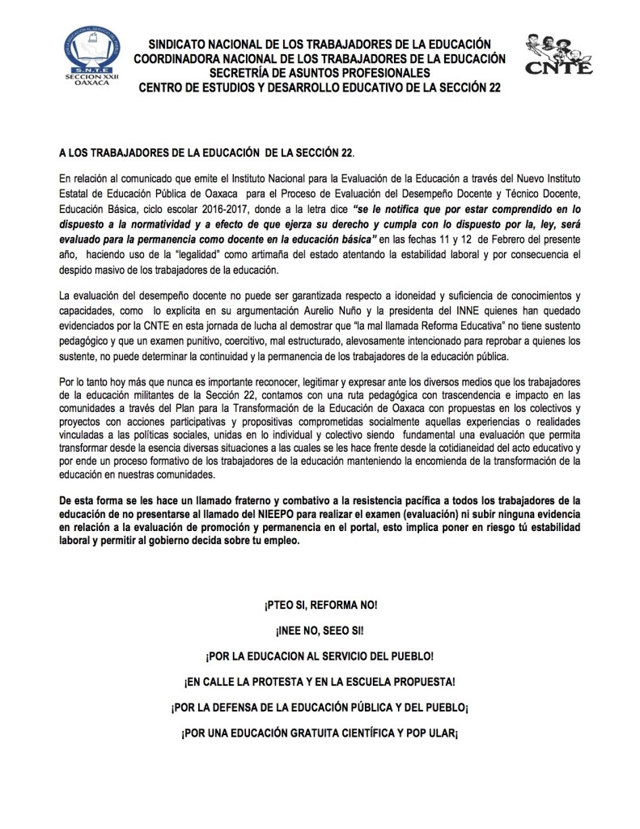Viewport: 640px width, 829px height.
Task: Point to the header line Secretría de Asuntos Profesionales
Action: point(320,73)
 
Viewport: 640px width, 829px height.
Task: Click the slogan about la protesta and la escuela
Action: point(320,682)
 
